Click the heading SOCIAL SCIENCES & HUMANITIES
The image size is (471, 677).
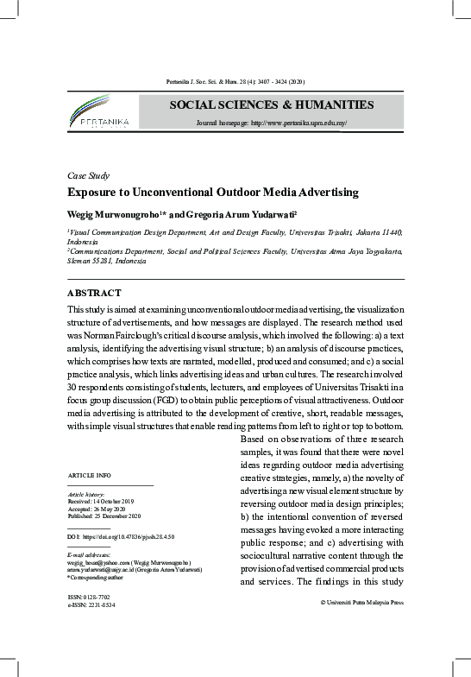point(271,105)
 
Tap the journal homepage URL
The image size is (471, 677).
point(271,123)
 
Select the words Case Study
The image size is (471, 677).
point(88,175)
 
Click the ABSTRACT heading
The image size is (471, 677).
point(94,293)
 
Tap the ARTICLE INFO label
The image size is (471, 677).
point(89,476)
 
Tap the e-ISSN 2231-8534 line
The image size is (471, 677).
point(91,604)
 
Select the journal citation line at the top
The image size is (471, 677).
point(235,82)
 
